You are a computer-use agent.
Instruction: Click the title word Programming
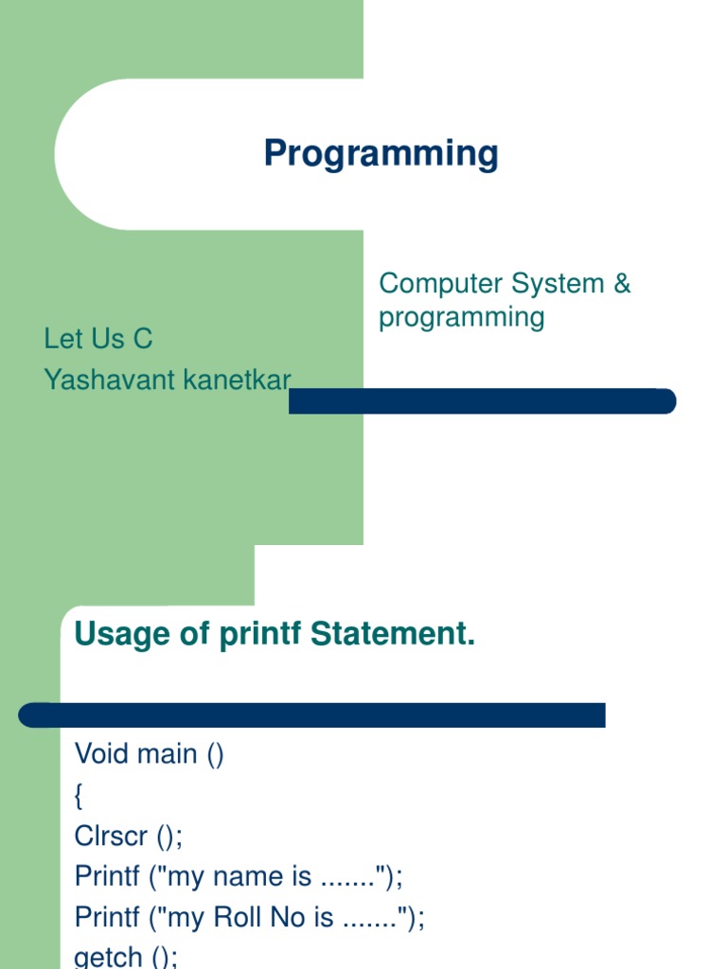click(x=381, y=153)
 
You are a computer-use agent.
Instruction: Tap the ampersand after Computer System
click(x=622, y=283)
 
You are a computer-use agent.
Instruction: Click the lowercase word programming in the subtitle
click(x=461, y=317)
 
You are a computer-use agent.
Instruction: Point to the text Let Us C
click(x=98, y=339)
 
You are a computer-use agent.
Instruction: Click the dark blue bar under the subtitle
click(x=482, y=401)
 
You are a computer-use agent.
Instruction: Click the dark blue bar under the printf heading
click(x=312, y=714)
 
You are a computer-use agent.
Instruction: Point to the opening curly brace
click(x=79, y=796)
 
